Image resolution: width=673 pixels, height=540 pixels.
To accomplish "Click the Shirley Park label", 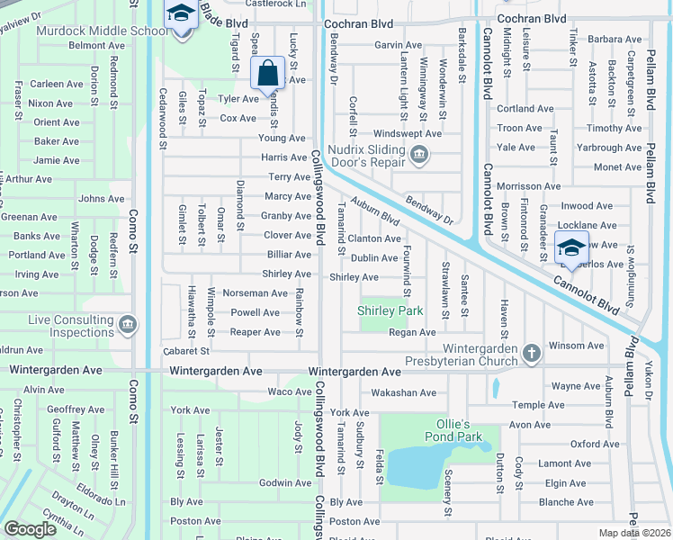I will click(x=390, y=311).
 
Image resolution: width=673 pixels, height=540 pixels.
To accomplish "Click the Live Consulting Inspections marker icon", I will click(x=128, y=323).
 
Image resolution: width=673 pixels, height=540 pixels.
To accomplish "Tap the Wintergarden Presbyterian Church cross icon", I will click(x=532, y=353).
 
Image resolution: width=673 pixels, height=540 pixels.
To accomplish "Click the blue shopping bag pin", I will click(x=268, y=73).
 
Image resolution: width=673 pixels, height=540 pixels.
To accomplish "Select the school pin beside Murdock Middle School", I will click(x=181, y=15).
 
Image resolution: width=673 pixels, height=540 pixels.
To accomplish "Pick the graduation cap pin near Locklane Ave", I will click(x=570, y=246).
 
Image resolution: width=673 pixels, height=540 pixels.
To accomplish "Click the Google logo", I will click(x=31, y=529).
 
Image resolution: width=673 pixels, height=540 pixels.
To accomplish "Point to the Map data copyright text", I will click(x=633, y=533).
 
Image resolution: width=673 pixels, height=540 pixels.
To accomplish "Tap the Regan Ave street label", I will click(x=412, y=333).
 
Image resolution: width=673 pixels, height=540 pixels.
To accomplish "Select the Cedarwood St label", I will click(x=163, y=117).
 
